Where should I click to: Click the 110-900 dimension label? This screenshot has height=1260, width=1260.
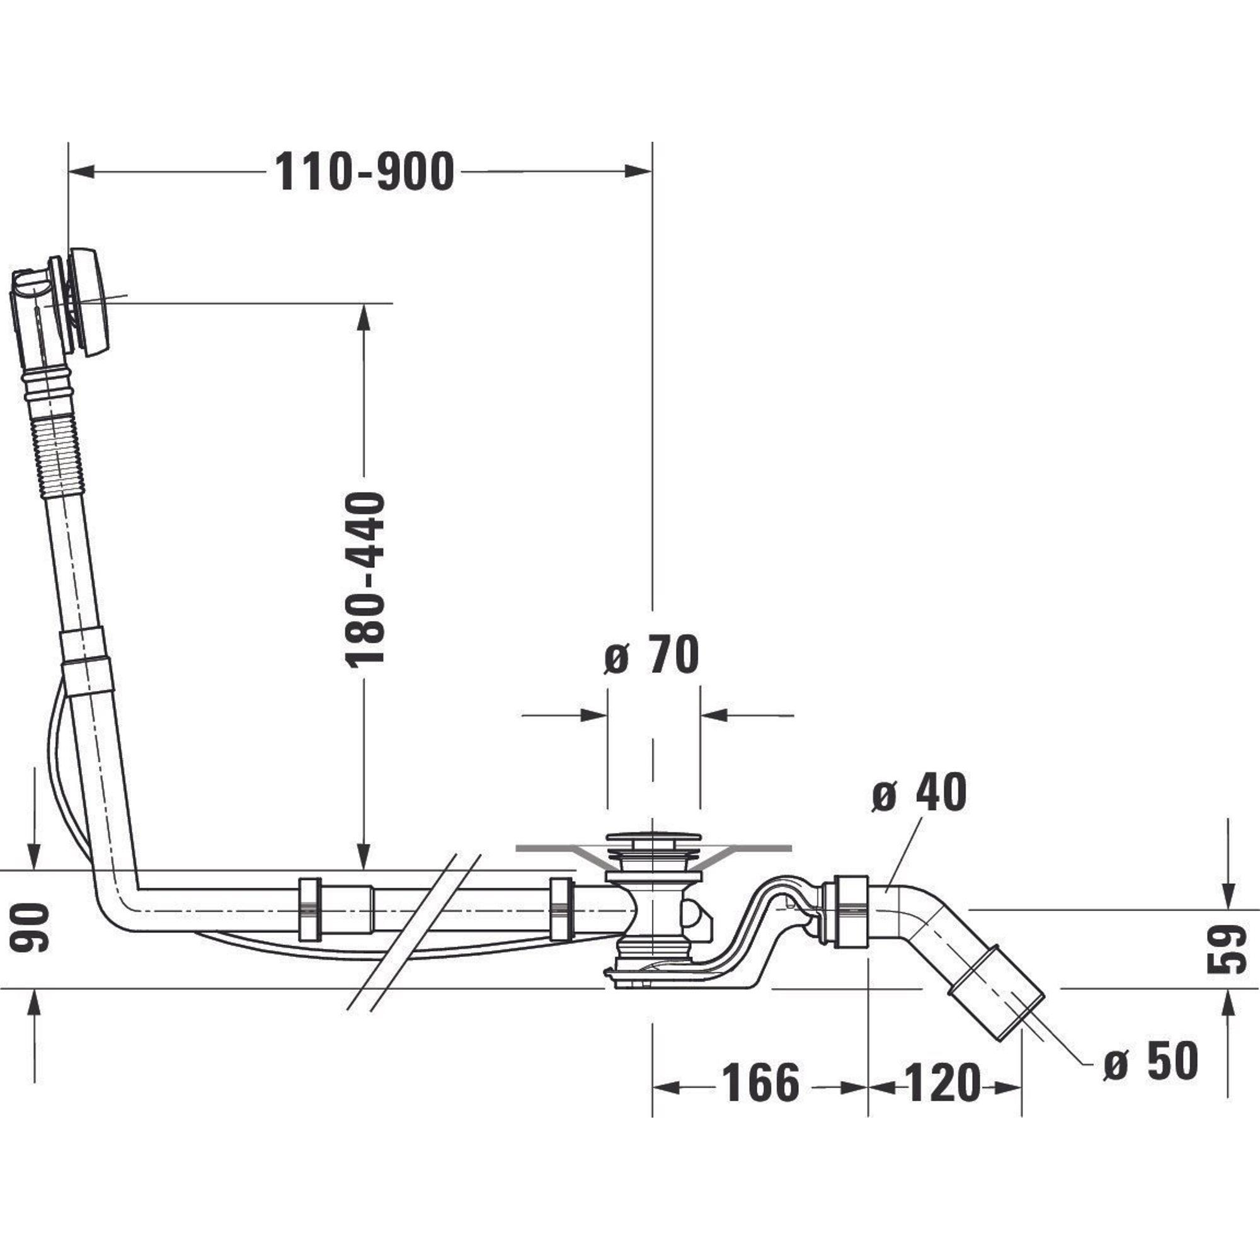[x=364, y=172]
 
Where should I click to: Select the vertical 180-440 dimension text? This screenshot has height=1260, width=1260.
[x=365, y=580]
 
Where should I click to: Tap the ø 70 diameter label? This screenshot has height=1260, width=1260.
[x=651, y=655]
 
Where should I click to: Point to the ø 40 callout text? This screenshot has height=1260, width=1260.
[x=920, y=794]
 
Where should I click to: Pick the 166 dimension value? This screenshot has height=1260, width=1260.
[x=760, y=1083]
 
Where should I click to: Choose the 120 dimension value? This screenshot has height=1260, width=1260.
[x=942, y=1083]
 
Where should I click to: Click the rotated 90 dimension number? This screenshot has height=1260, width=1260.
[x=30, y=928]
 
